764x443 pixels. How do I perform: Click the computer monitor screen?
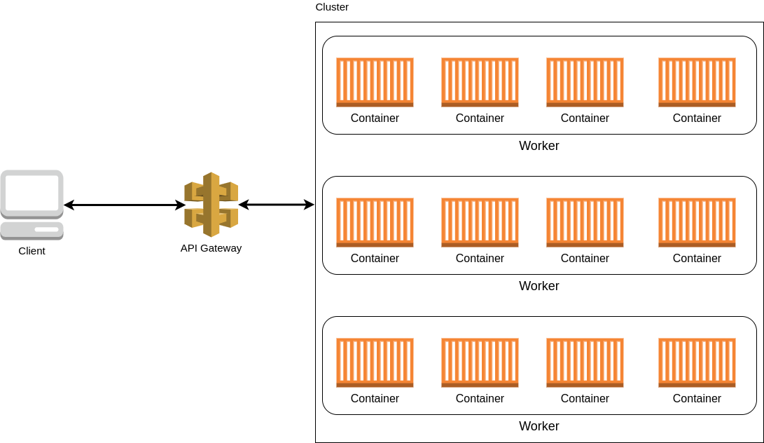coord(32,193)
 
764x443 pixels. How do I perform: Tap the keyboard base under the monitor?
coord(32,230)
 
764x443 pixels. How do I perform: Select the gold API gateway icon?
coord(211,204)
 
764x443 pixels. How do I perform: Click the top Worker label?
coord(539,146)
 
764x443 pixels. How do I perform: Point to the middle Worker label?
coord(539,286)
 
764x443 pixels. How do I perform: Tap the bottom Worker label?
coord(539,426)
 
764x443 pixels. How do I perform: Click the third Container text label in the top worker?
coord(585,118)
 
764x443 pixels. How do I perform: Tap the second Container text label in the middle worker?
coord(480,258)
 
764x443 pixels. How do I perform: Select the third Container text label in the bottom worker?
coord(585,398)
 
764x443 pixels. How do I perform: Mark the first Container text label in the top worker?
coord(375,118)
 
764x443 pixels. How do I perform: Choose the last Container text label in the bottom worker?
coord(697,398)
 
